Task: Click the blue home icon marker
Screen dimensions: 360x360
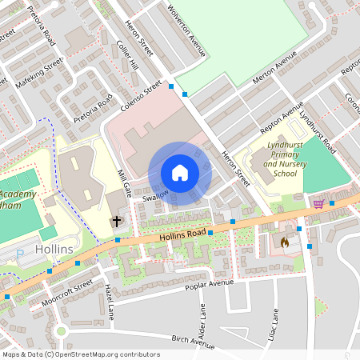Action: pyautogui.click(x=180, y=173)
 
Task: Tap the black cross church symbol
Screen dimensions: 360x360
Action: pyautogui.click(x=117, y=220)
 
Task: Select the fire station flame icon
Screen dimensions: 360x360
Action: pyautogui.click(x=285, y=240)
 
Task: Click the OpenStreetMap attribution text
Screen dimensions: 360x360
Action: pyautogui.click(x=81, y=354)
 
